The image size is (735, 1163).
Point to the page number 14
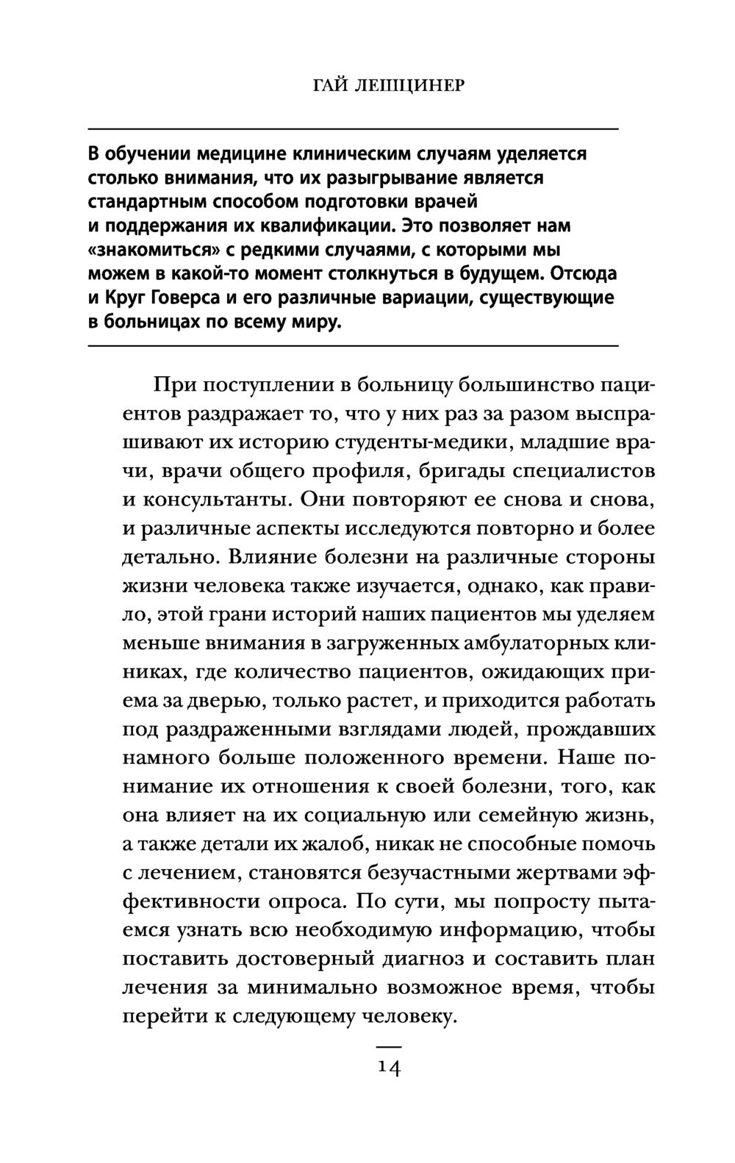389,1067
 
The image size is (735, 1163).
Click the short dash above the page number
389,1045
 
